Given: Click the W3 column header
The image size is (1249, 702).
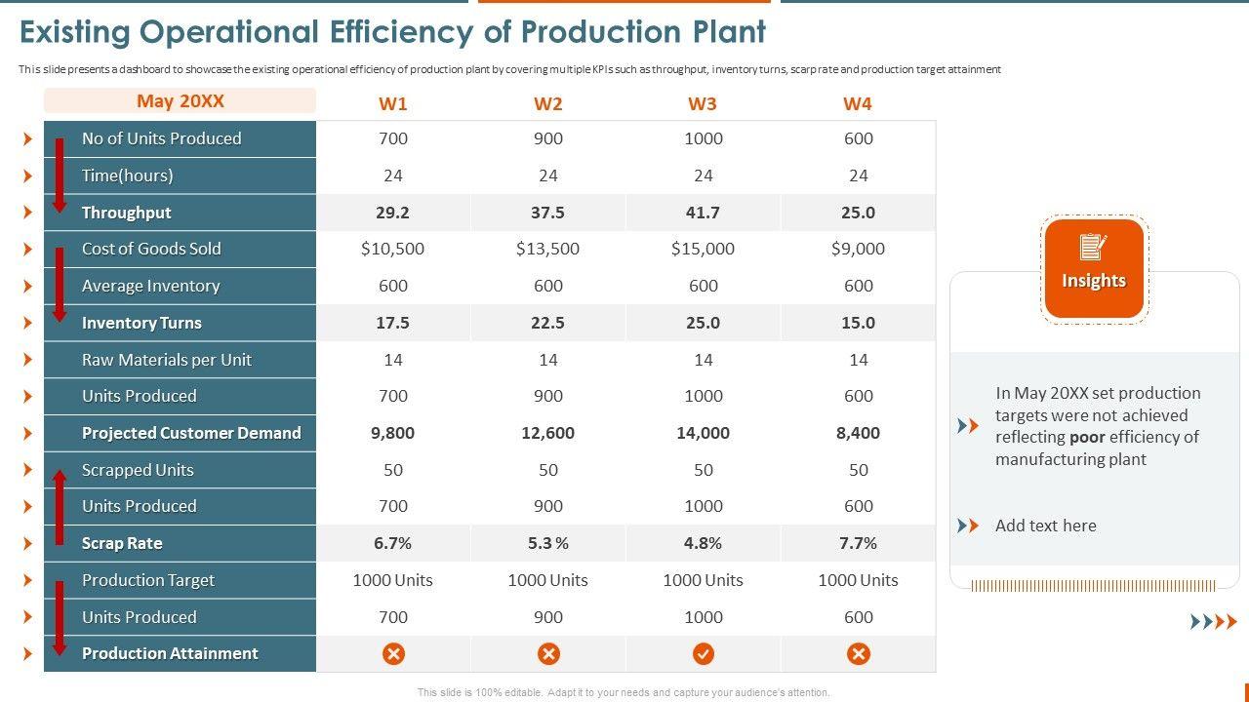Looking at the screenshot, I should [703, 103].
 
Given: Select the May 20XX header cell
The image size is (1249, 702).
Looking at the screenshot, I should [181, 101].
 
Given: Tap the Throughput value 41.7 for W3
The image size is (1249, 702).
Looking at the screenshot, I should [703, 213].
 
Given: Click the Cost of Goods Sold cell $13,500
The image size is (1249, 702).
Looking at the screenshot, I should [547, 249].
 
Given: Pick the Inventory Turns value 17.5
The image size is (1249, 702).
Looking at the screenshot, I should [392, 323].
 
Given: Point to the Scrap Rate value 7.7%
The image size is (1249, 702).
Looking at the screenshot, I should [858, 543].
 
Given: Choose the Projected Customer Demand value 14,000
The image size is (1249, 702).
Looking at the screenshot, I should [703, 433].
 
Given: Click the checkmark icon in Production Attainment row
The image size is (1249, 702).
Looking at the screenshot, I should [703, 653].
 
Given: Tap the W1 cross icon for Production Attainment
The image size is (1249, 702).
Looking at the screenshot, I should [393, 653].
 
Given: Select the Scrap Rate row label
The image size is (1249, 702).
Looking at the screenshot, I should [122, 543].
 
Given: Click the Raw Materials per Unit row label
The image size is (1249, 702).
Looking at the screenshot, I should [166, 360].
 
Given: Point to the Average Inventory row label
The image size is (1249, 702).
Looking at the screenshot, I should [150, 286].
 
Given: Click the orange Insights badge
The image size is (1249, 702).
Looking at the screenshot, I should [1093, 269].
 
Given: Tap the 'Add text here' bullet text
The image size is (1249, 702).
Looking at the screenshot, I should [1045, 526].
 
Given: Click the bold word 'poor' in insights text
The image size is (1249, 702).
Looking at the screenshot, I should [1088, 437].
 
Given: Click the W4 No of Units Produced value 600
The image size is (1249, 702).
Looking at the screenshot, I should [858, 138].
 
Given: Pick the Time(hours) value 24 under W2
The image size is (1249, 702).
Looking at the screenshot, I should [547, 175].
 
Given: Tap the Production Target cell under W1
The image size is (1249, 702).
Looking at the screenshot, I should [392, 580].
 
